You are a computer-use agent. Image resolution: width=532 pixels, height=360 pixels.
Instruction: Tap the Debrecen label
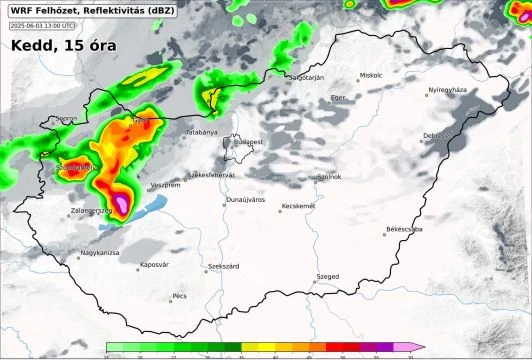click(438, 135)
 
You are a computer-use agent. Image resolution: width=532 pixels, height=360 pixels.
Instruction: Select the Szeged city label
click(327, 275)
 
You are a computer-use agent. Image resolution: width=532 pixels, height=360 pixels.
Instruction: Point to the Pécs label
click(180, 296)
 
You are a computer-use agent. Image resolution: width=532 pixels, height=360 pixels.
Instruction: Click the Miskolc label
click(372, 75)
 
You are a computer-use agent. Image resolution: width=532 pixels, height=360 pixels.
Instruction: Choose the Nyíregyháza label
click(447, 90)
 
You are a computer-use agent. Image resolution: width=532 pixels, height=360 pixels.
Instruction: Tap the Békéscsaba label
click(404, 229)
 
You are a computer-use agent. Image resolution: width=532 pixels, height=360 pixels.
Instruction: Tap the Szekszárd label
click(223, 267)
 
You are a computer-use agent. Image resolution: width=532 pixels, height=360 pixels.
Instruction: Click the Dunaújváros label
click(246, 200)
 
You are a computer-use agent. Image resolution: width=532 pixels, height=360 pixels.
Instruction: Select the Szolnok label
click(329, 176)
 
